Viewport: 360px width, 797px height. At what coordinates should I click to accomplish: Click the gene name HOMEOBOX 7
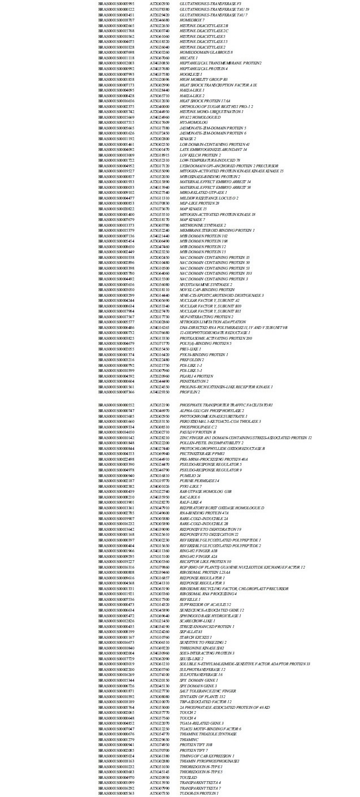[x=192, y=19]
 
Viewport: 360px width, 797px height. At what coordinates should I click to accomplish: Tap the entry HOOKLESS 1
[x=190, y=74]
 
